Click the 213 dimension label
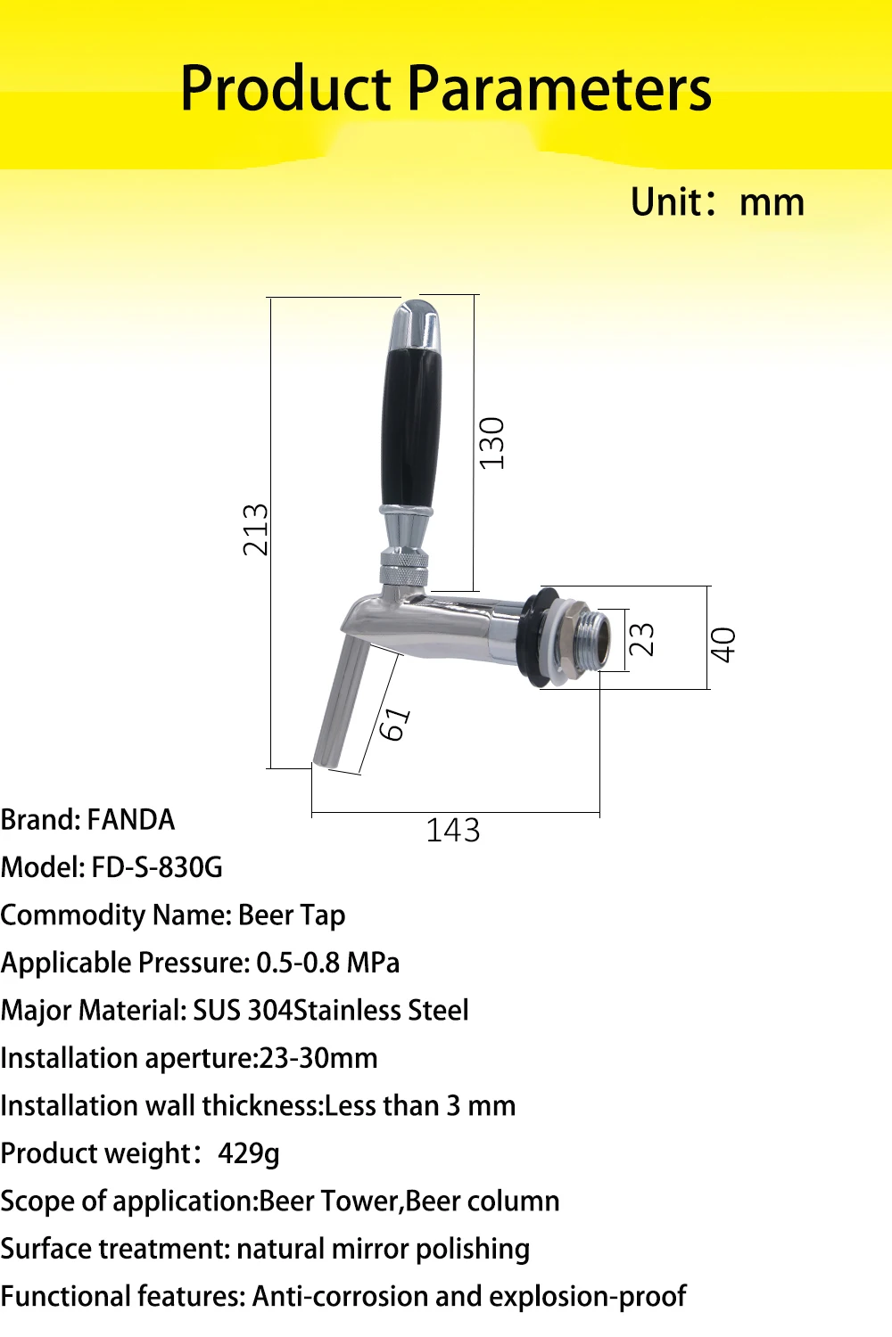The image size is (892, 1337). point(256,529)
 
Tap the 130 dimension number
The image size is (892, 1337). point(492,444)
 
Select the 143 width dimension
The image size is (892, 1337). point(453,830)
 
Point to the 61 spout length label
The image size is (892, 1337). point(395,724)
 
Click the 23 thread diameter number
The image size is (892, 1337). point(642,639)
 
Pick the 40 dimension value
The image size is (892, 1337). point(723,644)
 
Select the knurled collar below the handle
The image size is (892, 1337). point(404,569)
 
